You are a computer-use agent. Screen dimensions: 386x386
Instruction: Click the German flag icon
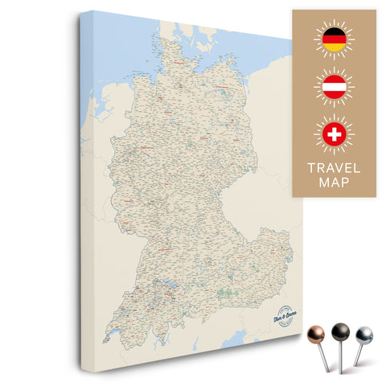point(333,40)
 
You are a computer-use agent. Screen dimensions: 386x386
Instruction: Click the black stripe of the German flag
point(333,33)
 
